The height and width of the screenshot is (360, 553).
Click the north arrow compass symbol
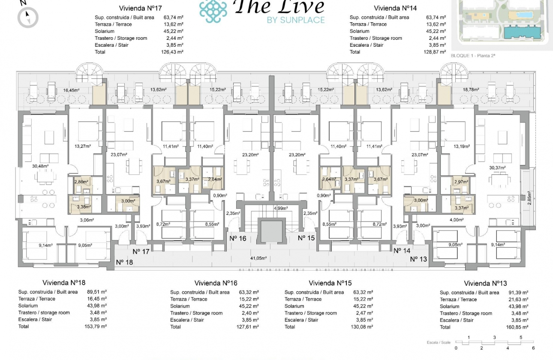click(28, 18)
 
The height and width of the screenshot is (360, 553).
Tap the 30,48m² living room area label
click(41, 166)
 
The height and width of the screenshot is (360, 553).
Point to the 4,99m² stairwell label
click(280, 208)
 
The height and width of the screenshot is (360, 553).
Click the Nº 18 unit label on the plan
click(124, 262)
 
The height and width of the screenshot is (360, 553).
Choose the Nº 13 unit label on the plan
click(418, 259)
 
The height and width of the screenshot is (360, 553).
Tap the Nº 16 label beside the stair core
click(237, 238)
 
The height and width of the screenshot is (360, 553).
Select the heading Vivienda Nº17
click(139, 8)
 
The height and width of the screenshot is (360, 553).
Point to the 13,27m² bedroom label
click(83, 146)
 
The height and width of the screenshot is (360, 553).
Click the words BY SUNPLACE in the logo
click(295, 20)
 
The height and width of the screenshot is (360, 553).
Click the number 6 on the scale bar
click(533, 348)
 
